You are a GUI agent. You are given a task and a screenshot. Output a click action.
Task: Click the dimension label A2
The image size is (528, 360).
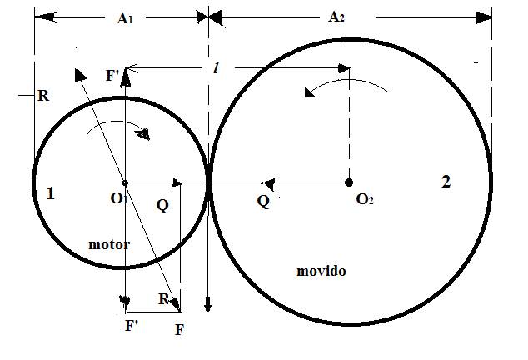click(338, 17)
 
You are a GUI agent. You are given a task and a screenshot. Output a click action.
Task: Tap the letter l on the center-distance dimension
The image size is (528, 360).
click(217, 70)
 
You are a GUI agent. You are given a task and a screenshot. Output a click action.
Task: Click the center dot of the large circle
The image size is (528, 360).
click(349, 182)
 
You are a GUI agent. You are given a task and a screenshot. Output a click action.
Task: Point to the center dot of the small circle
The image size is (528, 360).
click(124, 182)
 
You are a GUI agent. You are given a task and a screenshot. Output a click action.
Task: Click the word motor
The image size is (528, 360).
click(109, 244)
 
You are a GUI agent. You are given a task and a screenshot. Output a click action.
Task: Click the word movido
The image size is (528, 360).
click(321, 272)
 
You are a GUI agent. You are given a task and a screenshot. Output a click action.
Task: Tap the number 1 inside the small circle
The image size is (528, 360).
click(51, 193)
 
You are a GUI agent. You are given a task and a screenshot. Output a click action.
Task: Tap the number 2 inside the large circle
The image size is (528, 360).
click(446, 182)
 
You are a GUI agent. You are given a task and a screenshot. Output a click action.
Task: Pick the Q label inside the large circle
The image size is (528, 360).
click(263, 201)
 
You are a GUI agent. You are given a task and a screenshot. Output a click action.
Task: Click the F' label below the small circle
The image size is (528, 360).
click(132, 326)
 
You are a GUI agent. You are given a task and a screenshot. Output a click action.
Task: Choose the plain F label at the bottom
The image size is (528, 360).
click(180, 330)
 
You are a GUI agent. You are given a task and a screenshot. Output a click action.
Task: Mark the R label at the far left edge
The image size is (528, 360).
click(43, 96)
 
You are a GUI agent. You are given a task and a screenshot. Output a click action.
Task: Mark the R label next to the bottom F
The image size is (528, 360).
click(165, 299)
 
